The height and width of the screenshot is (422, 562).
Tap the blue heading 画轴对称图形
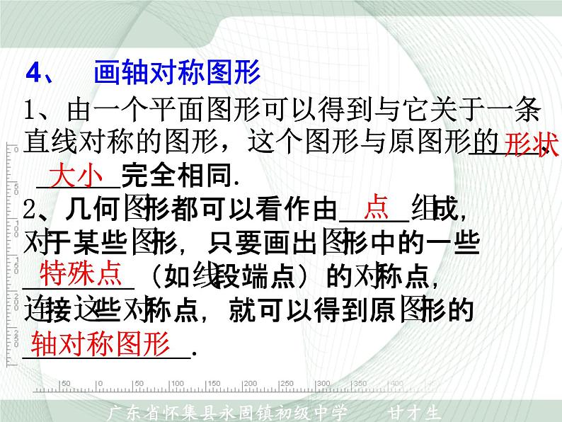click(x=178, y=72)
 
